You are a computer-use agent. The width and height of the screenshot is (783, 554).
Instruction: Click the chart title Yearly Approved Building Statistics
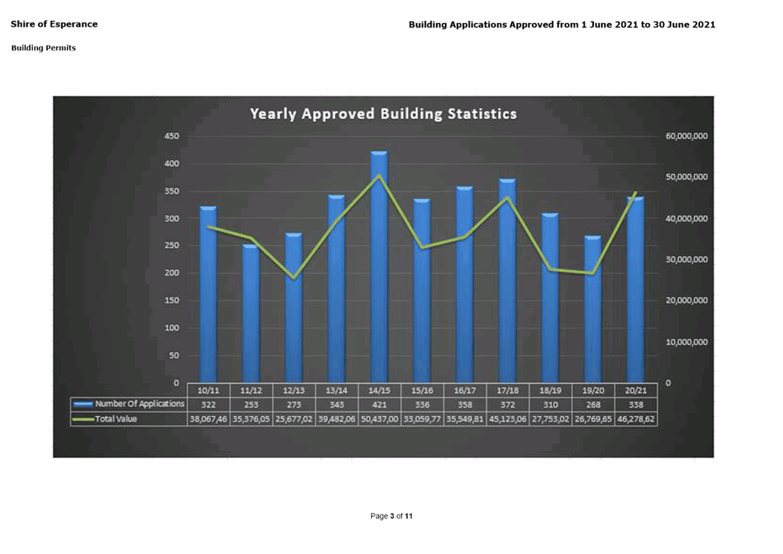383,113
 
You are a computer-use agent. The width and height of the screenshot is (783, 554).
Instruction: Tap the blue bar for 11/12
251,314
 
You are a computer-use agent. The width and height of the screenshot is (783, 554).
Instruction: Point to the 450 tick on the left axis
171,136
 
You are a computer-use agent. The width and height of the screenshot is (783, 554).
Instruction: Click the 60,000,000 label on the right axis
686,136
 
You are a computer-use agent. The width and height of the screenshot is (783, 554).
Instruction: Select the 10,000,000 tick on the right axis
686,342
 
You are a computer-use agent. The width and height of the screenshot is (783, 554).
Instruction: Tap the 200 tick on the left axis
171,273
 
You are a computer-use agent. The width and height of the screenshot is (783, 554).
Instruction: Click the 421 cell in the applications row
379,404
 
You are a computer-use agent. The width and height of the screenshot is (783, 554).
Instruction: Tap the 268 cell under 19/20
593,404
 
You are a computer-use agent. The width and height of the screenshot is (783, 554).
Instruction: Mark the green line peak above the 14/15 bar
379,175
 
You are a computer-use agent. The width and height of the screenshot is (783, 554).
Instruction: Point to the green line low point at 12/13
294,277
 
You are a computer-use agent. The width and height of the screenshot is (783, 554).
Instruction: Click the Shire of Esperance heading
54,24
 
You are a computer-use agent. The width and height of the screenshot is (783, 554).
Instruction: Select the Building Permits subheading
43,48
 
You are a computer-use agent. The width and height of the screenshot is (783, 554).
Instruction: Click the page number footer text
391,516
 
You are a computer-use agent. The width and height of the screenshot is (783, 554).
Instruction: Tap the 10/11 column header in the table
209,390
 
